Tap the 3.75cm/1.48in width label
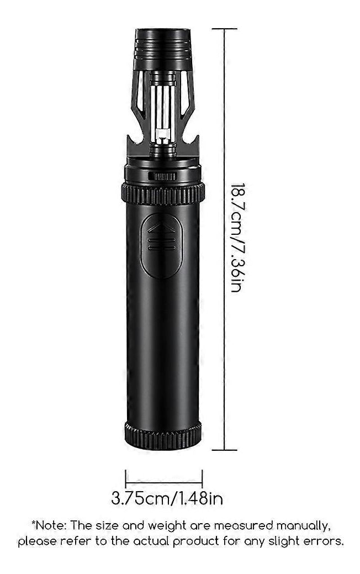pyautogui.click(x=167, y=498)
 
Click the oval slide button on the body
pyautogui.click(x=161, y=246)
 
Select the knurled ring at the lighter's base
pyautogui.click(x=163, y=435)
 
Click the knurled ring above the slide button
pyautogui.click(x=163, y=194)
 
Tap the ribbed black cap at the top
pyautogui.click(x=162, y=49)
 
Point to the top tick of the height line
pyautogui.click(x=224, y=29)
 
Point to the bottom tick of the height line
pyautogui.click(x=224, y=450)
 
